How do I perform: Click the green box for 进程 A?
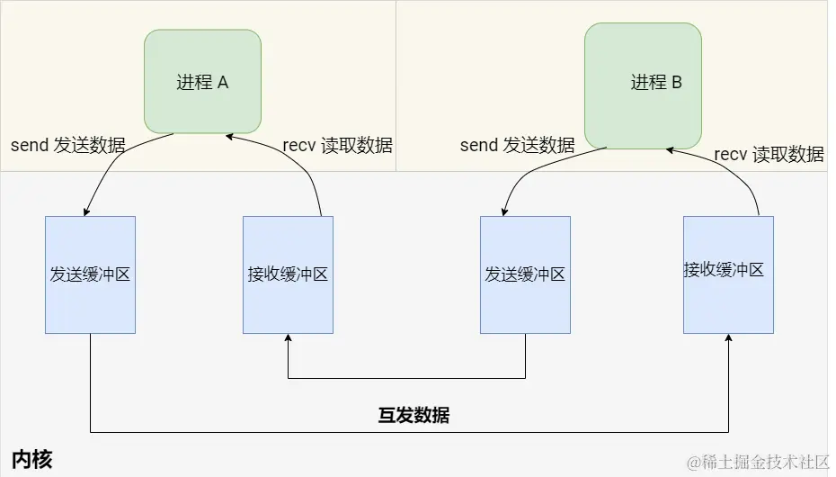202,82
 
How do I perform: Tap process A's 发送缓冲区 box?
90,274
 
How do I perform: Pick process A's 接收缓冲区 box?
288,274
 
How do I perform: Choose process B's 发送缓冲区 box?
525,274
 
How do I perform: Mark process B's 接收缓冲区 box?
728,274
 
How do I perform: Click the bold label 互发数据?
414,415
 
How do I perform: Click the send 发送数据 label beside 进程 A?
68,145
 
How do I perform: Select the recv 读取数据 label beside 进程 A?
337,145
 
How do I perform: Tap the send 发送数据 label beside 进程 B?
517,145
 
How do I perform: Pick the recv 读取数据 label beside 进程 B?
769,154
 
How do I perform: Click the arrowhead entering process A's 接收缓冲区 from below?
288,338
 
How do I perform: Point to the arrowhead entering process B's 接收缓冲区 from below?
728,338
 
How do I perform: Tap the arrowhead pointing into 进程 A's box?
229,136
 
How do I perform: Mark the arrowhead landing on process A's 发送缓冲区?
85,212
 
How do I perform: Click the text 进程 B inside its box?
656,83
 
